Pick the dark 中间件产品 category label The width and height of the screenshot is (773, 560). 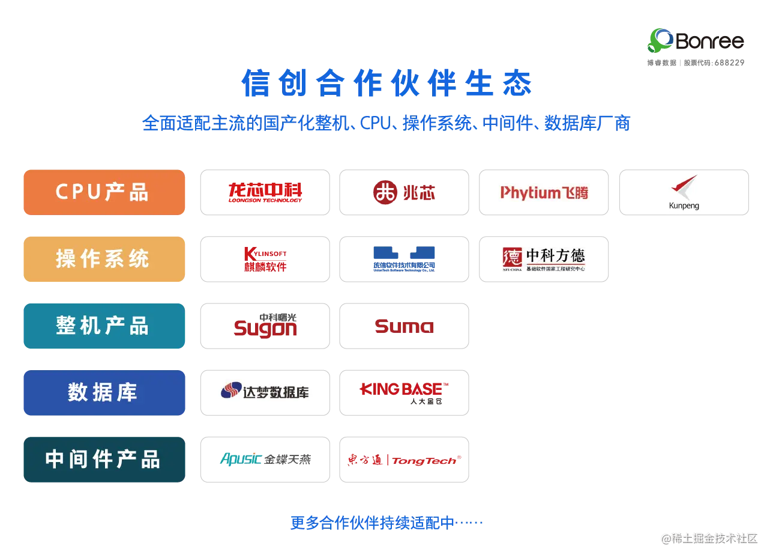click(103, 460)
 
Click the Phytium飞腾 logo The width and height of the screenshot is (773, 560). click(544, 192)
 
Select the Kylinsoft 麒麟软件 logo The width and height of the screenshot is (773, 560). click(265, 259)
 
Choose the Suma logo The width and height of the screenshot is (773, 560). click(405, 327)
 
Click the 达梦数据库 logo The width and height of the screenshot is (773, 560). click(265, 392)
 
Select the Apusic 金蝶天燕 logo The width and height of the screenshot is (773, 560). click(265, 460)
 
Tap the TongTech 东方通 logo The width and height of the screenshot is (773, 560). click(405, 460)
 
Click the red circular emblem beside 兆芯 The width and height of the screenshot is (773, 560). click(384, 192)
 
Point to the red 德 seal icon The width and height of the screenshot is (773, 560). click(511, 259)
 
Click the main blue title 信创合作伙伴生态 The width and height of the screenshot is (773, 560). click(387, 84)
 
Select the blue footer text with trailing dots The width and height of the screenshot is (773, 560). click(386, 522)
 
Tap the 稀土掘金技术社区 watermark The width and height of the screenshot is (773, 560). click(710, 538)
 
